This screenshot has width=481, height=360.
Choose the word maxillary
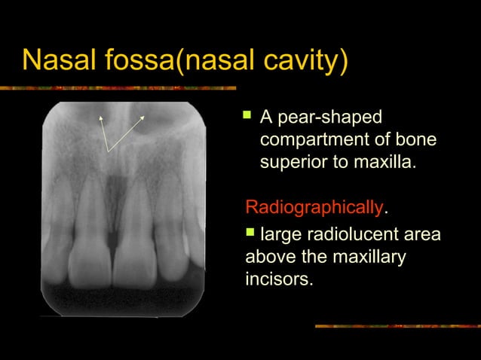click(369, 258)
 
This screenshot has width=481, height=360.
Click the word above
click(271, 258)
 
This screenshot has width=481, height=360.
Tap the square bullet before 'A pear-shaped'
click(246, 117)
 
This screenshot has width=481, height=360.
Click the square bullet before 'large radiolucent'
click(252, 234)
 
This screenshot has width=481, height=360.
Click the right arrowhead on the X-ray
click(142, 119)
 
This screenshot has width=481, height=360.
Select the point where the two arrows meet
click(108, 151)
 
